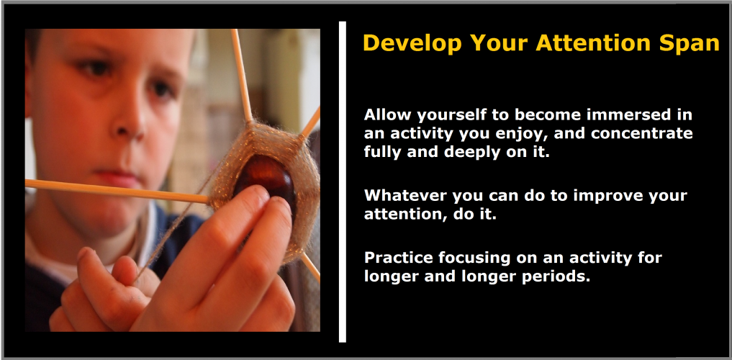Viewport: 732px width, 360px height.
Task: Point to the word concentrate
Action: [641, 133]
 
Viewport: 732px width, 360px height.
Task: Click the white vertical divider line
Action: [343, 181]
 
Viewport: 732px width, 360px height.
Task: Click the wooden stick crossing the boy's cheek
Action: [117, 191]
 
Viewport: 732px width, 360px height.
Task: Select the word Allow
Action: [386, 114]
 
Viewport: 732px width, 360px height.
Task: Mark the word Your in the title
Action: [499, 43]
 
